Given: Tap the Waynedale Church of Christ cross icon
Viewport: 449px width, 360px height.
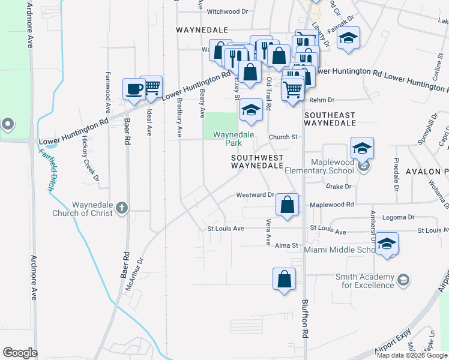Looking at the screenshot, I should [122, 208].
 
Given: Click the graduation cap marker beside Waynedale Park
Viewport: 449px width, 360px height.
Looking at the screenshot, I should [252, 109].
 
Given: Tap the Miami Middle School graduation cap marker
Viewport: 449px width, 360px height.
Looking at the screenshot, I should [387, 244].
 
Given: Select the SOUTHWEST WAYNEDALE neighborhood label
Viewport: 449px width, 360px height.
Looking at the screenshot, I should [256, 160].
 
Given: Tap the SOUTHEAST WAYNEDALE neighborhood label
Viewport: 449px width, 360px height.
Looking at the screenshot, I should [330, 118].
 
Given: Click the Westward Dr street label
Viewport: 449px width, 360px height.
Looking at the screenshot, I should [255, 195].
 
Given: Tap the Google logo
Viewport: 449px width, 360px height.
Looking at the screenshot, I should [20, 353].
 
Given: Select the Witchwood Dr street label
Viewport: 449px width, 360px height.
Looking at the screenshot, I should [227, 11].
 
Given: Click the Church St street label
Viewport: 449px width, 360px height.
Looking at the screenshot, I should [283, 137].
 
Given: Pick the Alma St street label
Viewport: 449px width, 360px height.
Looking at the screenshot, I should [286, 245].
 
